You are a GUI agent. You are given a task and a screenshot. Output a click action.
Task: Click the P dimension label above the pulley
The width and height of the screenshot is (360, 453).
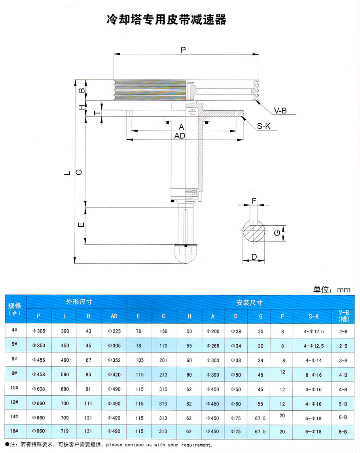[x=183, y=50]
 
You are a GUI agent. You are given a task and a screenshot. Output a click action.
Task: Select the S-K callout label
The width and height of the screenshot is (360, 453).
[x=264, y=126]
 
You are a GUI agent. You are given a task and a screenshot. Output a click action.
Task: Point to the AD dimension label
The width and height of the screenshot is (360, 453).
[x=180, y=136]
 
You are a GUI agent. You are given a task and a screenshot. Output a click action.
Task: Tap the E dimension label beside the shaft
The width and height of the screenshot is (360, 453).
[x=81, y=225]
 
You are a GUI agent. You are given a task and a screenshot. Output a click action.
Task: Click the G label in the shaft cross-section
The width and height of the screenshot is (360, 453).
[x=278, y=233]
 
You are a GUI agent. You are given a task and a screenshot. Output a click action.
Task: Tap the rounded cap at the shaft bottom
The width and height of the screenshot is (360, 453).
[x=186, y=255]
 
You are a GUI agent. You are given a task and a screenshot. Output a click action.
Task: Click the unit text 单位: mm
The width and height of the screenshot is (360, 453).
[x=332, y=289]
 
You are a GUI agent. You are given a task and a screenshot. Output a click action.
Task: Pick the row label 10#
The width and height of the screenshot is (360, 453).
[x=15, y=389]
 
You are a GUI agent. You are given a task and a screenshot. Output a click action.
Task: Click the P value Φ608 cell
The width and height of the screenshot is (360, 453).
[x=38, y=389]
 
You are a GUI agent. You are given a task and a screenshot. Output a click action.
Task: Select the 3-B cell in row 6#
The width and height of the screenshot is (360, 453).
[x=343, y=361]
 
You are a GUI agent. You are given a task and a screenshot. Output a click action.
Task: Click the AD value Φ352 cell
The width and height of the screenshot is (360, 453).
[x=114, y=361]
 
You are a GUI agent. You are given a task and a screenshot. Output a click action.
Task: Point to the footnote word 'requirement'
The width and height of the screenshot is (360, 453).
[x=194, y=445]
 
